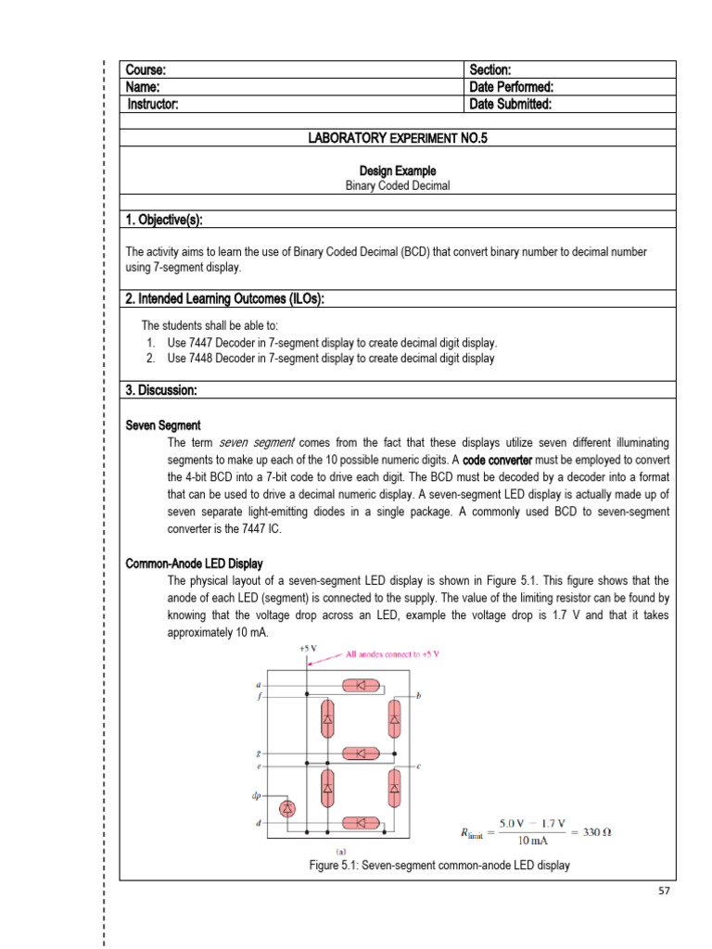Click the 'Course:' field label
146,70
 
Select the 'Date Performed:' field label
512,87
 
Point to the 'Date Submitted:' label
511,105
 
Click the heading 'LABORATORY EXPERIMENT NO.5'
398,138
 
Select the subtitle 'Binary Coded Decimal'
398,185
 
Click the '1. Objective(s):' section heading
164,220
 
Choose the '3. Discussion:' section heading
160,391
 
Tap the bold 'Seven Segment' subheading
163,425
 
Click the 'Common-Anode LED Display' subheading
194,563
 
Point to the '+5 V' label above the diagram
307,650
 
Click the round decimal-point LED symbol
287,809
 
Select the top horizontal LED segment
360,686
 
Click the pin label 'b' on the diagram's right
419,695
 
